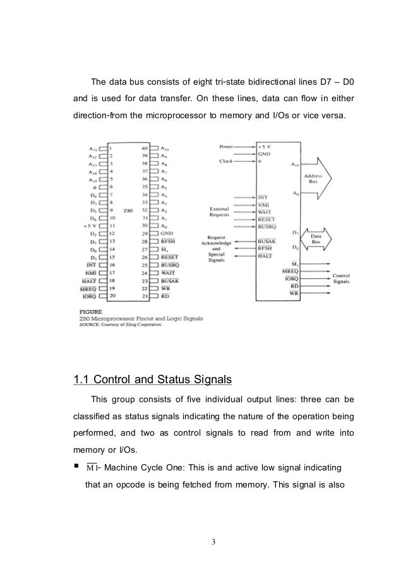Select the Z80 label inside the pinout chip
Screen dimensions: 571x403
(x=128, y=210)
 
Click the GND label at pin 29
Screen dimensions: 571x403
(x=167, y=233)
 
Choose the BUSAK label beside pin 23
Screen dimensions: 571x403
(x=170, y=279)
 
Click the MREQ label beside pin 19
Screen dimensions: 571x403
(x=88, y=287)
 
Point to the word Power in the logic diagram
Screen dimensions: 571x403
(x=226, y=145)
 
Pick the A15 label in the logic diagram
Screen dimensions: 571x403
(x=295, y=166)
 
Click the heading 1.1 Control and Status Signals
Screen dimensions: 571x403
(x=153, y=380)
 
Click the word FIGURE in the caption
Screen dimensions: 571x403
(x=87, y=312)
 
